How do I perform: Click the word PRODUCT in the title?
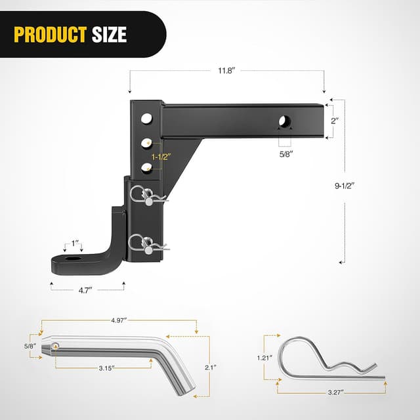pos(51,35)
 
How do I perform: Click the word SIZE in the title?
pos(108,35)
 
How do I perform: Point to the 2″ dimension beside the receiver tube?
pos(335,121)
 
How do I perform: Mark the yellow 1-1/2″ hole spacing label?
pos(161,157)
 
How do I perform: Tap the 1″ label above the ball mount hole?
pos(77,244)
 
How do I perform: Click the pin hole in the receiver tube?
pos(285,122)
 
